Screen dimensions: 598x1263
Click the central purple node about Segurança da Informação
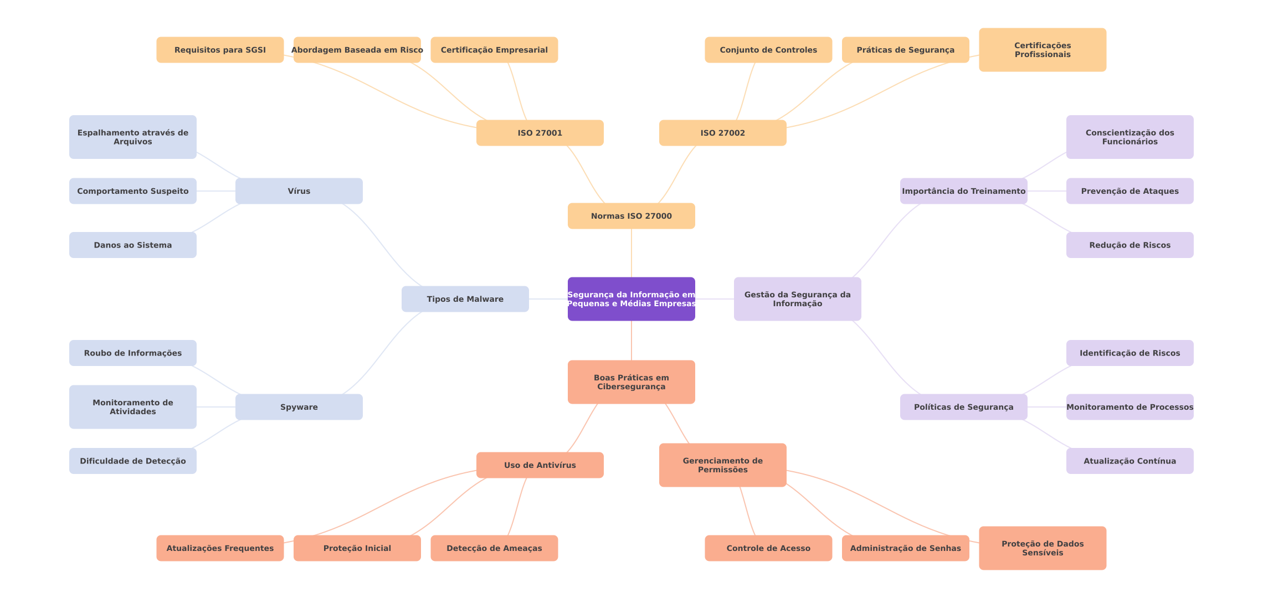631,299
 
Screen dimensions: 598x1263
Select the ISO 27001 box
540,133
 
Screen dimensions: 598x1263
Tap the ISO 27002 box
722,133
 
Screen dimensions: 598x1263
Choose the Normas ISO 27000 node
631,216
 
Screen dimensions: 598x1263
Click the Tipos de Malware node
465,299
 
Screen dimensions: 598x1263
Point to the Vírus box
299,191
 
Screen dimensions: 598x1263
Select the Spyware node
299,407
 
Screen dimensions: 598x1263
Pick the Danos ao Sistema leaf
132,245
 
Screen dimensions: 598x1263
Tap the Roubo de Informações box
132,353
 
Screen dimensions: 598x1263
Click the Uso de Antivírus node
540,465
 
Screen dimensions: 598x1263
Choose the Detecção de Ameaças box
494,548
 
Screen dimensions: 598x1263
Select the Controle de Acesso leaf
768,548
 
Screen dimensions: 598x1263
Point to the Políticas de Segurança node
963,407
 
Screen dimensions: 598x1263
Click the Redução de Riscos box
1129,245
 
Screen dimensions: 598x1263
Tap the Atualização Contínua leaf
1129,461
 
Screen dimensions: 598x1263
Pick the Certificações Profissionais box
1042,50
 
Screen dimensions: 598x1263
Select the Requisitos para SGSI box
220,50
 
